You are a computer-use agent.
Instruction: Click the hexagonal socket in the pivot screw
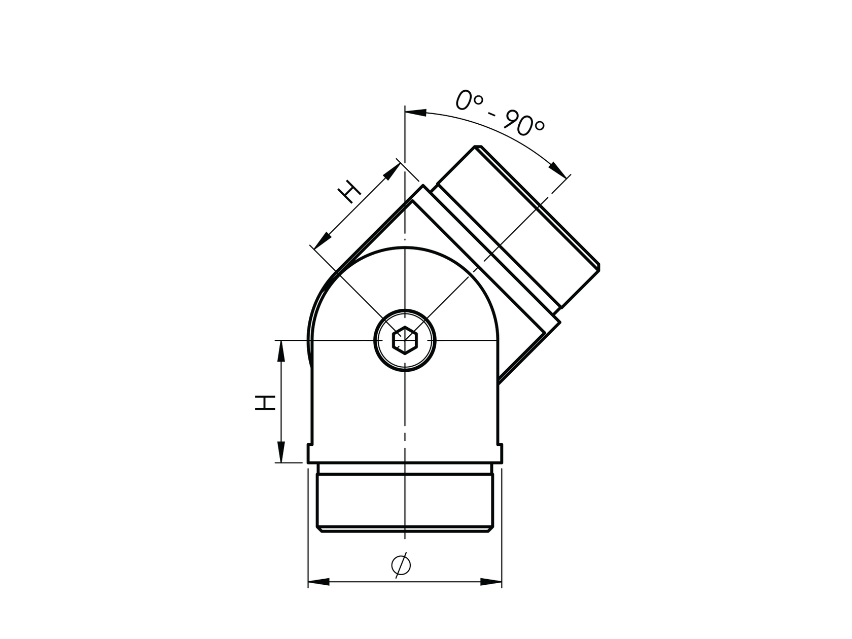(x=405, y=340)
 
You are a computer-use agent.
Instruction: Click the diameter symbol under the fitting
(x=401, y=565)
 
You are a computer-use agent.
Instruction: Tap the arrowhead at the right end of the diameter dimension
(x=491, y=582)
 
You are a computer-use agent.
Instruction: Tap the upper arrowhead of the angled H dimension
(x=391, y=171)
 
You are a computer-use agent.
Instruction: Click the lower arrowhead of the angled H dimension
(x=323, y=239)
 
